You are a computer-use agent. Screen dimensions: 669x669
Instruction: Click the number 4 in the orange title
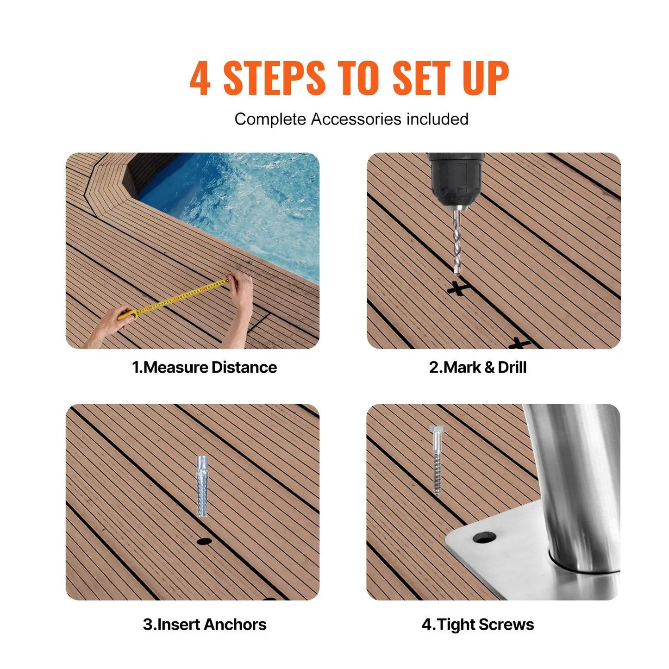coord(200,78)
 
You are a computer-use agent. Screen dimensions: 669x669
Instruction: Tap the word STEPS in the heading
coord(274,78)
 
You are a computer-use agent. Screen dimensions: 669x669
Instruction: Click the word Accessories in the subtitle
coord(356,119)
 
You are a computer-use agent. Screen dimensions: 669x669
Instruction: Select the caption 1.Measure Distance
coord(204,367)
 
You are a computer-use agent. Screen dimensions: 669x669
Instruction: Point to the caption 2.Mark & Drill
coord(477,367)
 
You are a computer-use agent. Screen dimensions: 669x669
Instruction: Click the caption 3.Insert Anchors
coord(204,624)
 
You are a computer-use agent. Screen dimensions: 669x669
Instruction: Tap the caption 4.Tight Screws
coord(477,624)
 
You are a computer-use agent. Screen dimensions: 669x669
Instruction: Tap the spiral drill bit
coord(457,241)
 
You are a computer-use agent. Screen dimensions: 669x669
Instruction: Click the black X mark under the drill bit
coord(458,288)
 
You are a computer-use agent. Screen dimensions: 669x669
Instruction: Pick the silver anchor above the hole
coord(202,486)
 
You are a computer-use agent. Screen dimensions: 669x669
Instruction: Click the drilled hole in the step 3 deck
coord(204,541)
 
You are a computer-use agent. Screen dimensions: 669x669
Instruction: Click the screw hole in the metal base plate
coord(484,538)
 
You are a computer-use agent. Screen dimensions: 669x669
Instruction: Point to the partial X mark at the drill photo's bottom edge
coord(519,344)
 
